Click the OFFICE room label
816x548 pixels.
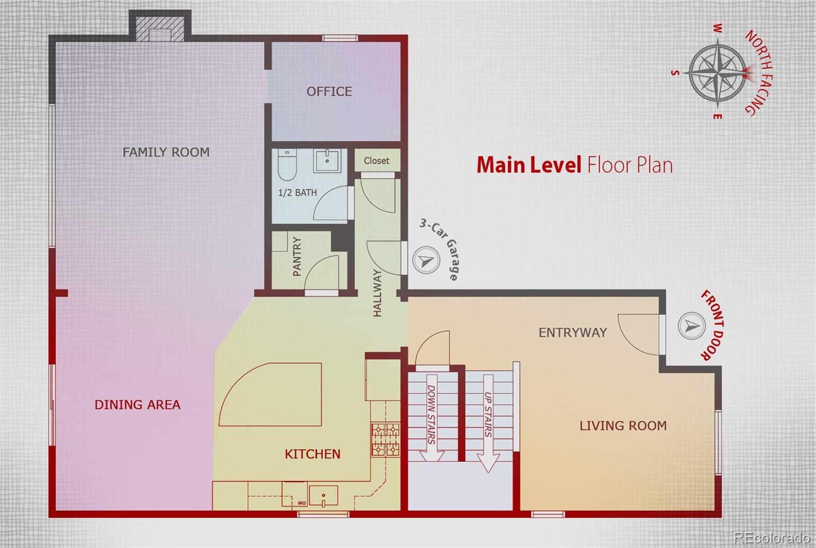click(x=329, y=91)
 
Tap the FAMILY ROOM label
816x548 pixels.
click(x=166, y=152)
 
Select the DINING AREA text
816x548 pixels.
click(x=137, y=405)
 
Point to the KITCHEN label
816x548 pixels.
click(x=313, y=454)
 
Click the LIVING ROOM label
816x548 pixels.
click(x=623, y=426)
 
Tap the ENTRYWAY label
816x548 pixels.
click(x=573, y=332)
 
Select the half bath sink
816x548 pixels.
click(x=327, y=160)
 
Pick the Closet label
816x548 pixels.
click(x=377, y=161)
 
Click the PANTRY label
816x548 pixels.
click(x=297, y=256)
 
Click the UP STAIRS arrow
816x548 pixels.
click(x=488, y=423)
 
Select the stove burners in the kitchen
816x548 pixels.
click(x=386, y=440)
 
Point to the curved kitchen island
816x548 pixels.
click(x=270, y=395)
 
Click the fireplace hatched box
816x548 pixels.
click(x=160, y=29)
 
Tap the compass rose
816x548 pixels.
click(x=718, y=73)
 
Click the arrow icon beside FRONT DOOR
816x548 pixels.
click(x=692, y=326)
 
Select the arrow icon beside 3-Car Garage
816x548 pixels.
click(x=426, y=260)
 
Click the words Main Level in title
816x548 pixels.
click(x=529, y=165)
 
